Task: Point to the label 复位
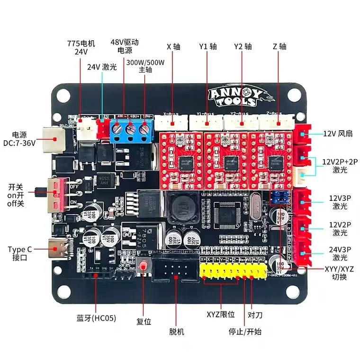point(144,321)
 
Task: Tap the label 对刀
point(255,314)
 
